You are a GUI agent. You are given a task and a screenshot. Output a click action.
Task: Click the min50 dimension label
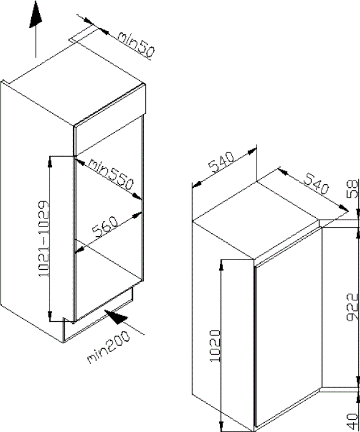(x=136, y=44)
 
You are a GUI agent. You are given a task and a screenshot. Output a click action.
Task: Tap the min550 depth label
(x=111, y=175)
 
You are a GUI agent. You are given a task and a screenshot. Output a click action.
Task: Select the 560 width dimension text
(x=105, y=228)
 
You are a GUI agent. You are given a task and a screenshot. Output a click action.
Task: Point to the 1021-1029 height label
(x=43, y=239)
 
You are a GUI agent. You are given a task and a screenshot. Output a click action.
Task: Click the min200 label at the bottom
(x=108, y=346)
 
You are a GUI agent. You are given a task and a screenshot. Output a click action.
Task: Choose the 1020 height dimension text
(x=215, y=346)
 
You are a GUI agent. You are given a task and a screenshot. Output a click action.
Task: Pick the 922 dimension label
(x=352, y=307)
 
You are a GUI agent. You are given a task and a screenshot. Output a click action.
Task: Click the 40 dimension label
(x=353, y=422)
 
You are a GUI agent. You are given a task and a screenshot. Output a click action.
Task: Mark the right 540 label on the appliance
(x=316, y=184)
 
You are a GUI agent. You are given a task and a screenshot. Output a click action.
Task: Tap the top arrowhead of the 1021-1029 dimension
(x=50, y=162)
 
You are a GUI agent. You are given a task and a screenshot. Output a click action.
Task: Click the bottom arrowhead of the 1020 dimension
(x=221, y=424)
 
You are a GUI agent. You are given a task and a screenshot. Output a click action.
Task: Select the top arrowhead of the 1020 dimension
(x=221, y=265)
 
